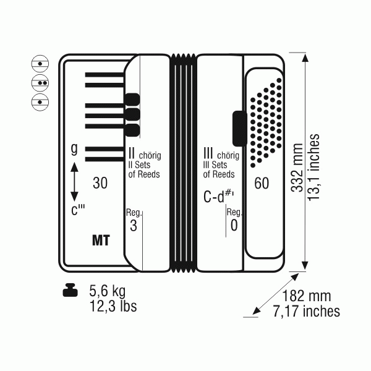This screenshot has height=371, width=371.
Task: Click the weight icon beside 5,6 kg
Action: (70, 290)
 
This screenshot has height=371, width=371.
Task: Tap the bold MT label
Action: (101, 241)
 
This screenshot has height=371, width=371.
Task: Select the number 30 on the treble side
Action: (100, 183)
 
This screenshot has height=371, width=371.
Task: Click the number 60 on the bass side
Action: (262, 183)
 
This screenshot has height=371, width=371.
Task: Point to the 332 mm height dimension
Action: (297, 168)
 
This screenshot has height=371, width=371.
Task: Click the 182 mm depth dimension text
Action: (307, 296)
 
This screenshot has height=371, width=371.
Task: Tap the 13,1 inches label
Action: (313, 168)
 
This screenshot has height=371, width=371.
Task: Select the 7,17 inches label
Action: (307, 311)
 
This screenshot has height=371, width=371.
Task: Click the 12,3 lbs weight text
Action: (113, 306)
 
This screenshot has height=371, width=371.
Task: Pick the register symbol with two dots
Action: (40, 83)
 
